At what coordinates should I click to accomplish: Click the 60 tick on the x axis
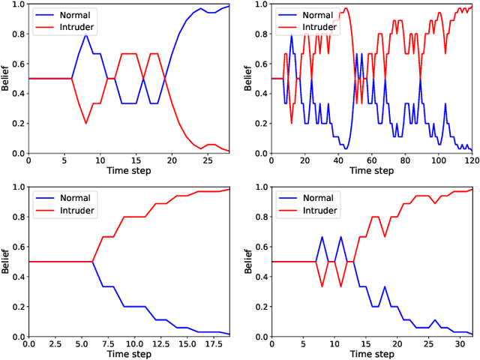coord(370,160)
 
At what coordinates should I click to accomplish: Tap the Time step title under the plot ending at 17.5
coord(129,353)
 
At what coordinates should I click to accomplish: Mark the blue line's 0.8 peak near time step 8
coord(85,34)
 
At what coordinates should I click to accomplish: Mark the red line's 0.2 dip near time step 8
coord(85,124)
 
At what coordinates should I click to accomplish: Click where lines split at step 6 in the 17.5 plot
coord(92,262)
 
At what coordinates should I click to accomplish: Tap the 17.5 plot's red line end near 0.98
coord(229,190)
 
